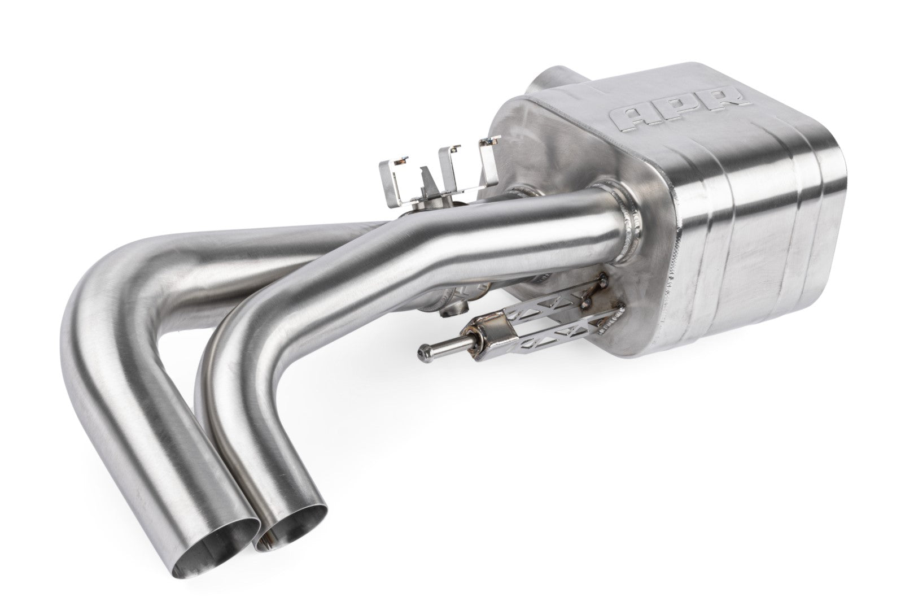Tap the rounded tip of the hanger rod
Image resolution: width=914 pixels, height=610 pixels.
click(x=422, y=352)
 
